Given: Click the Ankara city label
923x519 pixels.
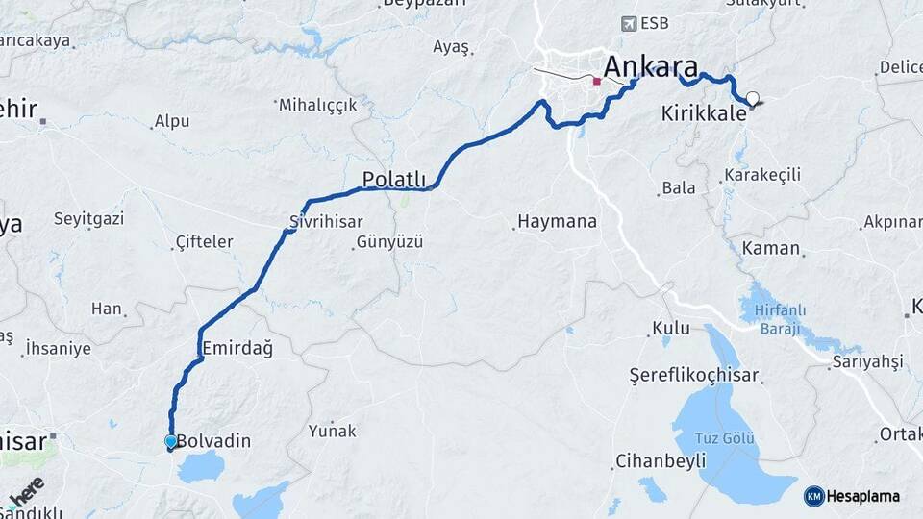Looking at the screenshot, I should tap(651, 67).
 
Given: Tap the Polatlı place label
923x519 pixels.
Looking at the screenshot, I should tap(393, 178).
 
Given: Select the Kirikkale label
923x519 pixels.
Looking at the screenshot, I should tap(704, 113).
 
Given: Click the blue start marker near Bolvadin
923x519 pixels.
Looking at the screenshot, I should tap(171, 442).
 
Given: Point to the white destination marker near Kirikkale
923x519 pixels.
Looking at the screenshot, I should tap(752, 98).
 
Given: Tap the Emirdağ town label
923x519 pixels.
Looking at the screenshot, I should tap(236, 348).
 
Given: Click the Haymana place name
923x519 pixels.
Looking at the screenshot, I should tap(557, 221).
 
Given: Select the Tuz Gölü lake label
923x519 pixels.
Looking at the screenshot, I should tap(725, 438).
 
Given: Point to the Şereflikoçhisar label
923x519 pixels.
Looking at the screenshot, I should tap(693, 375).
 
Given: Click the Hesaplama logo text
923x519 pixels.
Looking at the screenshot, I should tap(862, 496).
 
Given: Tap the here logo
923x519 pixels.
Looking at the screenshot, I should tap(27, 490).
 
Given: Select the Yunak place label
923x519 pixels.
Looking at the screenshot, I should tap(332, 431).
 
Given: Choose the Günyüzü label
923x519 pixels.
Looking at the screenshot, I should tap(389, 241).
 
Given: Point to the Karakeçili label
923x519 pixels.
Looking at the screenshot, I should tap(761, 175).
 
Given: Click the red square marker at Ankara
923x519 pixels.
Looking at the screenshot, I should tap(597, 82).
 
